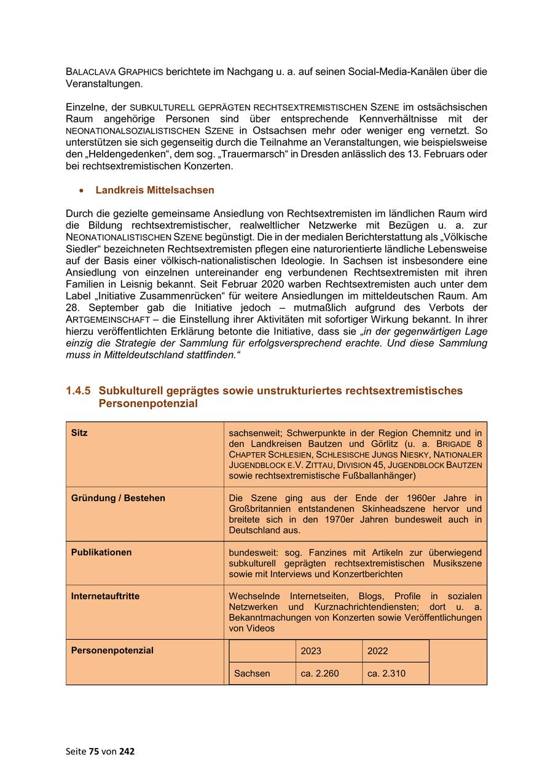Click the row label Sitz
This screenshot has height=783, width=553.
click(x=79, y=433)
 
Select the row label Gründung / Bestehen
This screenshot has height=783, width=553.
click(x=118, y=498)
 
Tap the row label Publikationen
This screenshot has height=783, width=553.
click(x=101, y=552)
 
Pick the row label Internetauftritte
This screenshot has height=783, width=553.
click(x=105, y=596)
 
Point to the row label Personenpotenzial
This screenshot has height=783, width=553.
click(x=112, y=650)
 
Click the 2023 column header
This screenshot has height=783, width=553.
click(x=311, y=651)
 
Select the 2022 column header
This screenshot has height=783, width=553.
click(x=378, y=651)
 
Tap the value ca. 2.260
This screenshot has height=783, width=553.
click(x=320, y=674)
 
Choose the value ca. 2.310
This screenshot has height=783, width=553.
click(x=386, y=674)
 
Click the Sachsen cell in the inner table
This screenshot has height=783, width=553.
click(x=252, y=674)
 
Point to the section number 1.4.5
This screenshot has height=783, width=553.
click(x=78, y=391)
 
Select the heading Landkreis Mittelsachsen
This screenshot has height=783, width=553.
click(x=155, y=191)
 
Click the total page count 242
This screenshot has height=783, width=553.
click(x=127, y=751)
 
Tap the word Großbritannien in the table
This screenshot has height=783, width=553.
click(x=259, y=509)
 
